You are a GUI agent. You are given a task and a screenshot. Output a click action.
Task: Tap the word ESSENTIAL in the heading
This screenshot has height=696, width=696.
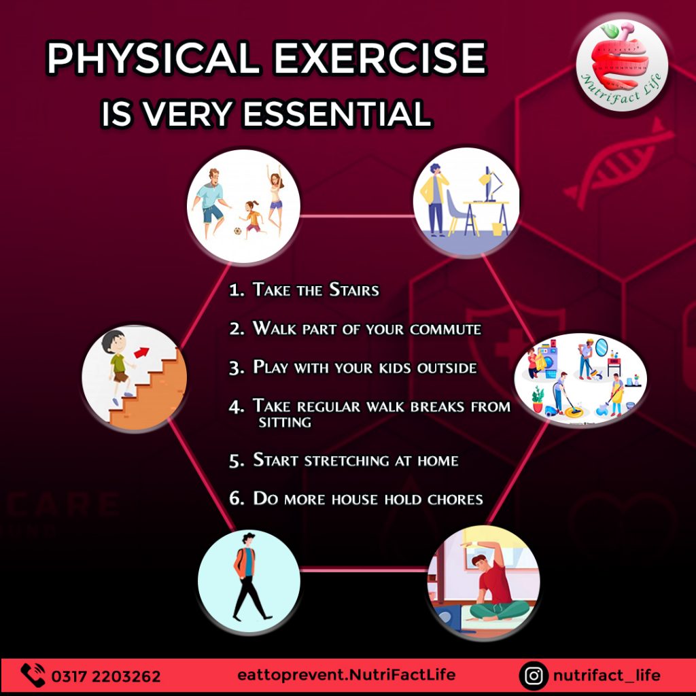[337, 114]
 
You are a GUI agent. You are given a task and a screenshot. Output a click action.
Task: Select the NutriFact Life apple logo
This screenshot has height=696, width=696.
[621, 66]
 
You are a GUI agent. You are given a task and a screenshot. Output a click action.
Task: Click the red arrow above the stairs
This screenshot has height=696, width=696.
[141, 352]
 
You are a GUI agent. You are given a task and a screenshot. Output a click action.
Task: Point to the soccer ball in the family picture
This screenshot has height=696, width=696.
[238, 231]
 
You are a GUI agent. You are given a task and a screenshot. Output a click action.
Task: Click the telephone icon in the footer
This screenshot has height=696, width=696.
[33, 675]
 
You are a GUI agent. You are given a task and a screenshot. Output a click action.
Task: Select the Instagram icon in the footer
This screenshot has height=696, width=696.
[534, 676]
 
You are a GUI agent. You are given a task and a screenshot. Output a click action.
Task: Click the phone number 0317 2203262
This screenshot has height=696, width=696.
[105, 676]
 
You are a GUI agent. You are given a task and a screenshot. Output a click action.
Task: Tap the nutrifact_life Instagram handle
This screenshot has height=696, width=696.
[606, 676]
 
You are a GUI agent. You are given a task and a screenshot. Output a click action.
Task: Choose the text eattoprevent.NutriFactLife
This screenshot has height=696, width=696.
[346, 675]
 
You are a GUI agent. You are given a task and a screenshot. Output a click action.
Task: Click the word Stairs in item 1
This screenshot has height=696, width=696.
[353, 290]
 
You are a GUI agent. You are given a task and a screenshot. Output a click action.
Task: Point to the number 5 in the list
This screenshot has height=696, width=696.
[236, 461]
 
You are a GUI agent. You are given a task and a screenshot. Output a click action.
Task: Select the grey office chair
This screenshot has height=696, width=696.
[457, 212]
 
